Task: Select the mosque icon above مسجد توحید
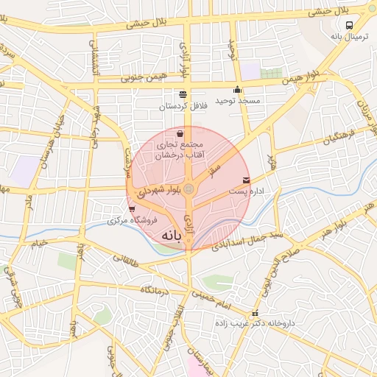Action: click(x=237, y=91)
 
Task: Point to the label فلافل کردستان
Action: click(x=183, y=107)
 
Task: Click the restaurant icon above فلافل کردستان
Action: click(x=183, y=94)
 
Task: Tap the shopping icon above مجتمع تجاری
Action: click(x=181, y=134)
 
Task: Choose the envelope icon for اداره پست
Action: click(x=245, y=180)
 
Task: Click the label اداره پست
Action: click(x=245, y=191)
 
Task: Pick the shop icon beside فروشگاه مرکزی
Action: click(x=132, y=210)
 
